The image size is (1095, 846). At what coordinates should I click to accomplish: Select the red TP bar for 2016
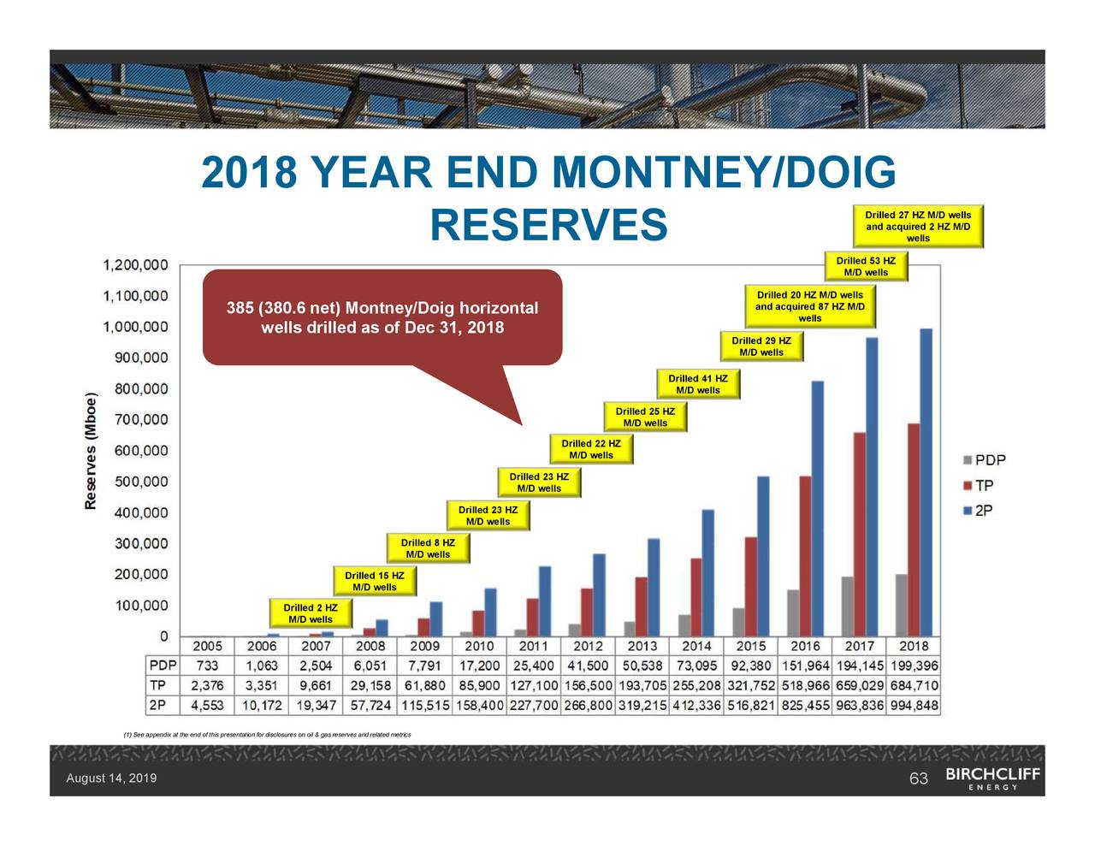805,556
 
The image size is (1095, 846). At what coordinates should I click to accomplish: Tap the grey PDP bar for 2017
847,606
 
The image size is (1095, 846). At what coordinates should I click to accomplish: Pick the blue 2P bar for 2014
707,572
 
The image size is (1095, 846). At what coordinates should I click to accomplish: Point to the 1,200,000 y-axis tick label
136,265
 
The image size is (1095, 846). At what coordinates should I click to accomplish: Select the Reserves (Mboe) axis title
91,451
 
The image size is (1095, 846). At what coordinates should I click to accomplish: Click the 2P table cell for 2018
913,707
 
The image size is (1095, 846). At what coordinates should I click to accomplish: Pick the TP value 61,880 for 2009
425,686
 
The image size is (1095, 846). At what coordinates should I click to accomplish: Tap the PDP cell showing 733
207,666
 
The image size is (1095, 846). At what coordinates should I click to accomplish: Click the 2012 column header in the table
588,647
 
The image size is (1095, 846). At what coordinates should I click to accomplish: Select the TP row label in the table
158,686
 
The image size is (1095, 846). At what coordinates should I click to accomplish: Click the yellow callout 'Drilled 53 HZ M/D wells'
866,267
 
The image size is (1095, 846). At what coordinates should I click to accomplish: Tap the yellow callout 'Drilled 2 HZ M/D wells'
310,613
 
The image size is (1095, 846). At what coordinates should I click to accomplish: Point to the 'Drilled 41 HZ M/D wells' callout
697,384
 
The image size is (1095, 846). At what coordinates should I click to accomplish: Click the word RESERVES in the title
548,225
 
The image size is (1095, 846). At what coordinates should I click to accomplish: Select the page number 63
918,778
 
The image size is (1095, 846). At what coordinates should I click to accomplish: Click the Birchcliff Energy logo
992,778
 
